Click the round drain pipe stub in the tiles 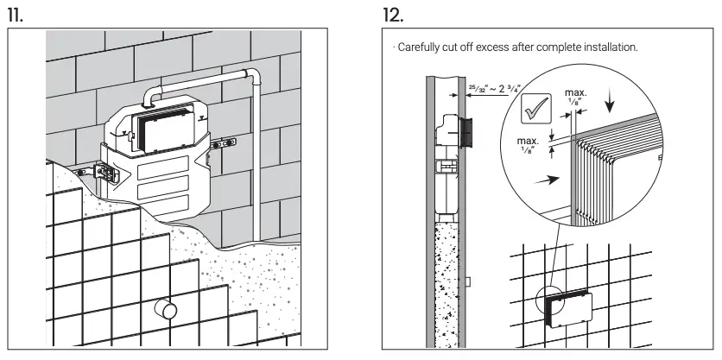click(x=165, y=308)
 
